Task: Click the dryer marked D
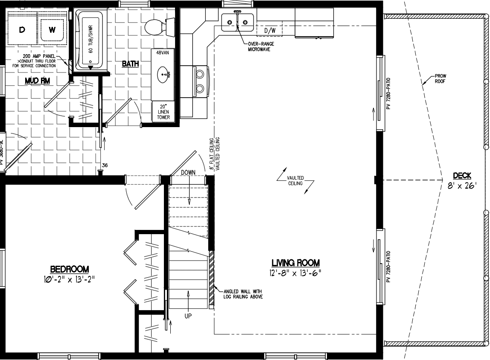point(22,29)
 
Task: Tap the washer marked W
point(52,29)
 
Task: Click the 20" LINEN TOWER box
point(163,112)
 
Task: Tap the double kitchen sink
point(237,22)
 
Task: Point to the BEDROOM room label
point(70,269)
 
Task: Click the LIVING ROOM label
point(295,263)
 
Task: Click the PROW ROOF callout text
point(440,78)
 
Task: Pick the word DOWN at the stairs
point(188,172)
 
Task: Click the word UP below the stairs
point(188,316)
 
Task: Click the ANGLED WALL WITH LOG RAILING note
point(243,294)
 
